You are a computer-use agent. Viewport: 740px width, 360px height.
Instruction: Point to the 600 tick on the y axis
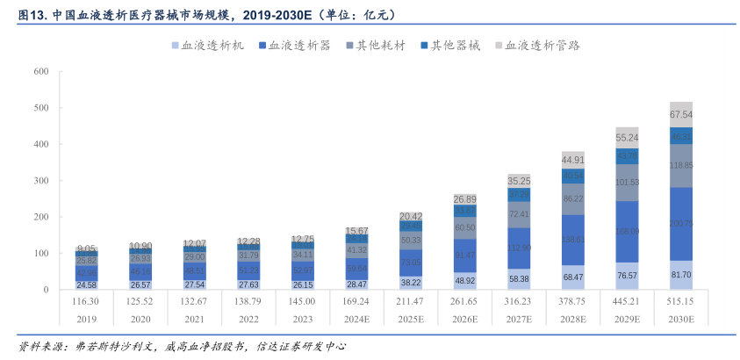click(x=40, y=72)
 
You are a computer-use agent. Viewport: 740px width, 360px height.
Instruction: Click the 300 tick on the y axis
click(x=40, y=181)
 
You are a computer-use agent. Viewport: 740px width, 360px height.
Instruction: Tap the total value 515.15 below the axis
click(x=680, y=301)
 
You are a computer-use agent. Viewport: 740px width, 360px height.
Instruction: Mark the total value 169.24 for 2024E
click(x=356, y=301)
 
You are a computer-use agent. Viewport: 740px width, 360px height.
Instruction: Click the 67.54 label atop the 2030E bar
click(x=681, y=115)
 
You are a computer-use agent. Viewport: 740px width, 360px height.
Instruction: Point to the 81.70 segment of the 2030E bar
click(x=681, y=275)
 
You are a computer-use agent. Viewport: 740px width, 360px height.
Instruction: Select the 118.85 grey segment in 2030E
click(x=681, y=165)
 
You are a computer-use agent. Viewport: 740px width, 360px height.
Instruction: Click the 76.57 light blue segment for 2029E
click(x=627, y=276)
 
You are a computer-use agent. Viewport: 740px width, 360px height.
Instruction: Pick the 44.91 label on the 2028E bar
click(x=572, y=160)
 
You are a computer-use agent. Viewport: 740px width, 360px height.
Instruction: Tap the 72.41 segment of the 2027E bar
click(x=519, y=213)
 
